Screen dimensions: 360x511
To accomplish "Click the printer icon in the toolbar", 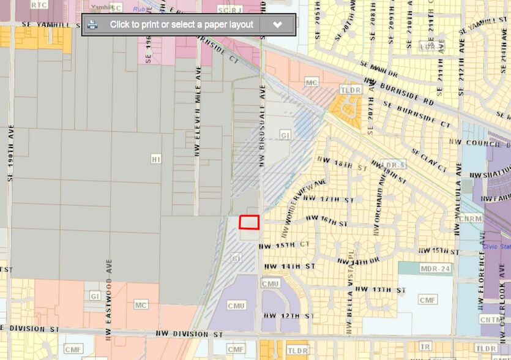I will point(92,24).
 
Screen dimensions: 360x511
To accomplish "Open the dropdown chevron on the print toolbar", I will point(277,25).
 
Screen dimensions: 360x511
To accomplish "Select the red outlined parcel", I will point(249,222).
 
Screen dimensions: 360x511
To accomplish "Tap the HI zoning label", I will point(155,159).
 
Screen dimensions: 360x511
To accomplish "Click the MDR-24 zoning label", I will point(435,269).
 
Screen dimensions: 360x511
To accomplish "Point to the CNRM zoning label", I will point(469,219).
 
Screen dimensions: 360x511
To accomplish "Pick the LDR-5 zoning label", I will point(394,165).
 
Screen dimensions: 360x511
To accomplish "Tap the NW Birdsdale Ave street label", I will point(263,126).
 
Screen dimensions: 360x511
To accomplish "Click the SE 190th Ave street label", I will point(10,151).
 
